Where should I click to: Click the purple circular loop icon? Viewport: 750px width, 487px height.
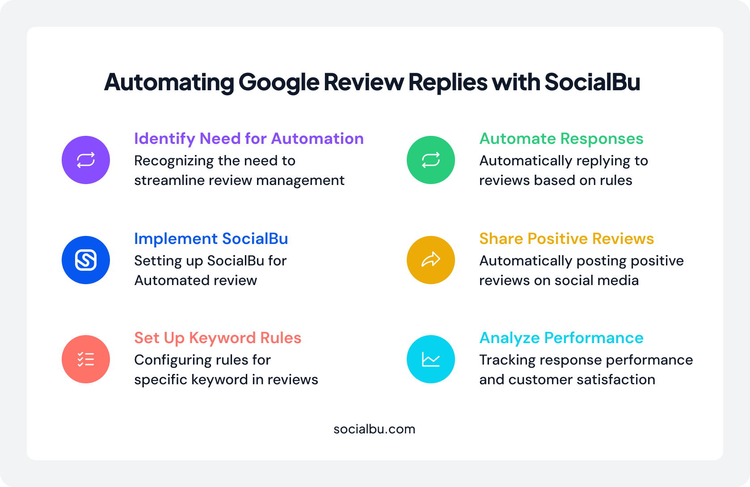(x=86, y=160)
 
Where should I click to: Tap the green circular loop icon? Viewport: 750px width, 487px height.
(x=431, y=160)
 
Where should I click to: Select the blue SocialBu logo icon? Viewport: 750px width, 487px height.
(x=86, y=260)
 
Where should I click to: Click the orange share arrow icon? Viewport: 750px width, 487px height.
(x=431, y=260)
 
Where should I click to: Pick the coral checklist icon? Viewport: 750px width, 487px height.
(x=86, y=359)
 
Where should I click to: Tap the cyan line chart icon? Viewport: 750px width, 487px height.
(x=431, y=359)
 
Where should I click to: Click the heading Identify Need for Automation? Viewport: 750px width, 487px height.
(x=249, y=139)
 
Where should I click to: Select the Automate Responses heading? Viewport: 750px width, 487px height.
(x=561, y=139)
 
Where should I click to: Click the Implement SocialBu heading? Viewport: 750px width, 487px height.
(x=211, y=239)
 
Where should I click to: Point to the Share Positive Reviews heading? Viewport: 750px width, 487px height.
(x=566, y=239)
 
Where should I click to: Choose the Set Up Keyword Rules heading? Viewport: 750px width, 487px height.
(x=218, y=338)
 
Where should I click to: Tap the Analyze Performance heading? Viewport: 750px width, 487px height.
(x=561, y=338)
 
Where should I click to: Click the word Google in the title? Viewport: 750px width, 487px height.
(x=278, y=82)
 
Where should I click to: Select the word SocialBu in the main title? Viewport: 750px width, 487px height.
(x=592, y=82)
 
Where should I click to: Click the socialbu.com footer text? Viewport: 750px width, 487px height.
(x=374, y=429)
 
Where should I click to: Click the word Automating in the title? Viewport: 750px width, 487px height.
(x=169, y=82)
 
